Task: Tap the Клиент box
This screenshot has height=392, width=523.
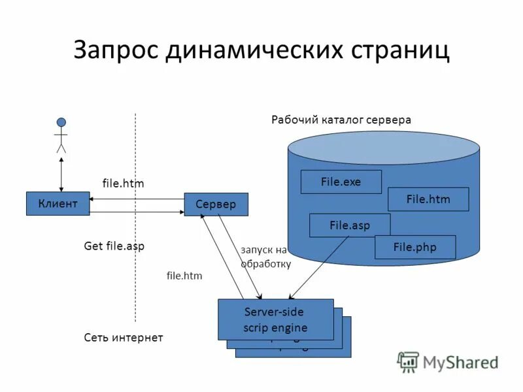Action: [x=58, y=204]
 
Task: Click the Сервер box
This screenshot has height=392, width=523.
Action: [x=216, y=204]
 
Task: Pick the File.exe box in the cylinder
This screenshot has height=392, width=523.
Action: [x=341, y=182]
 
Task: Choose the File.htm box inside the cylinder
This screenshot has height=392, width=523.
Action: [x=428, y=199]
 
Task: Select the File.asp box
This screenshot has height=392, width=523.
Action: [x=349, y=225]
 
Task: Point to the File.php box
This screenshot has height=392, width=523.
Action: [x=414, y=247]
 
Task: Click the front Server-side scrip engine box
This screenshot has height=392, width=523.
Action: [x=275, y=319]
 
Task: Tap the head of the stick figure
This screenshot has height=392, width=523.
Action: [x=61, y=122]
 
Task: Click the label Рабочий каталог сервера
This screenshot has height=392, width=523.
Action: [x=341, y=120]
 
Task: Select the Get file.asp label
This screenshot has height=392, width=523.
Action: [x=114, y=246]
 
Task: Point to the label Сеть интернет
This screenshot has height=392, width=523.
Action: [x=123, y=337]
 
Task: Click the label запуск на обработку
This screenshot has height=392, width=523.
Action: [x=265, y=257]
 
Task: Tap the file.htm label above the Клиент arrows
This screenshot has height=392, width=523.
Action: [x=123, y=184]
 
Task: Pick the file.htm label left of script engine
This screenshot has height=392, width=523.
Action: [x=184, y=276]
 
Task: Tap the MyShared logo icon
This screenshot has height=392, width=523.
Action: [x=409, y=362]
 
